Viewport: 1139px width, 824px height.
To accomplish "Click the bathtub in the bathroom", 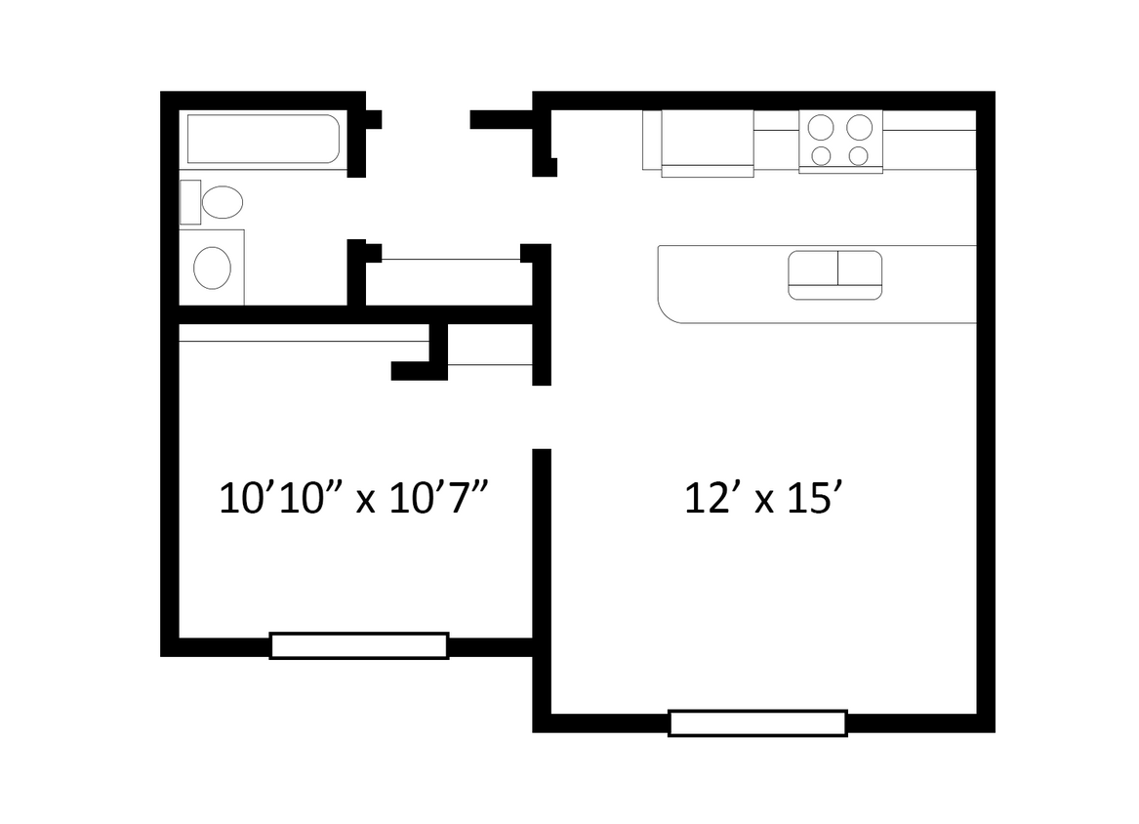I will click(x=263, y=140).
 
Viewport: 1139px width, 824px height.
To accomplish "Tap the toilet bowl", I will click(x=223, y=202).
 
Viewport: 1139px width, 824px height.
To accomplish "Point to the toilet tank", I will click(x=190, y=202).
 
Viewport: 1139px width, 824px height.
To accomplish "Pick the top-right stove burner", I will click(x=859, y=128).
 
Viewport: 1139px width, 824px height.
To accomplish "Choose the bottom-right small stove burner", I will click(x=859, y=155).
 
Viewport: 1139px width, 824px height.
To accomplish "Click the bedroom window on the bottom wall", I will click(x=358, y=645).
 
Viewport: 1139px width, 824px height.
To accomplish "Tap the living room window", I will click(x=757, y=722).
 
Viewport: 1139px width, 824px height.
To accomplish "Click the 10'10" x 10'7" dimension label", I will click(x=352, y=500).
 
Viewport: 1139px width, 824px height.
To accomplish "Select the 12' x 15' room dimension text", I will click(x=762, y=500).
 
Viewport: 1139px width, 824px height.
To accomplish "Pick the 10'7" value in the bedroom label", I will click(x=439, y=500).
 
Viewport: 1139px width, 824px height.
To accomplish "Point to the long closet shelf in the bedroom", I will click(x=304, y=333).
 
